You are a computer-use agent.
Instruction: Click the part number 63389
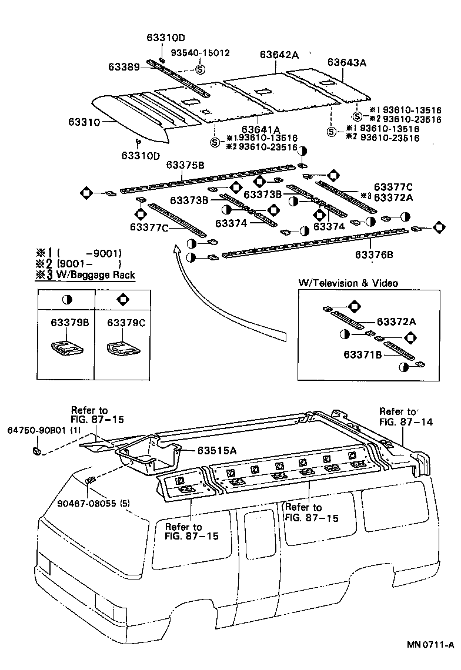pyautogui.click(x=123, y=67)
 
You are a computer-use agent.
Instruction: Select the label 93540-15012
pyautogui.click(x=200, y=53)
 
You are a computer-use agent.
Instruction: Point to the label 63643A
pyautogui.click(x=347, y=62)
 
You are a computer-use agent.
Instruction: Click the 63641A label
pyautogui.click(x=260, y=129)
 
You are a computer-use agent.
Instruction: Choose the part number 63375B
pyautogui.click(x=185, y=165)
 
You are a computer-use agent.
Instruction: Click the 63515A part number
pyautogui.click(x=216, y=451)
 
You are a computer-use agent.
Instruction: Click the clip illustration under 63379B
pyautogui.click(x=65, y=348)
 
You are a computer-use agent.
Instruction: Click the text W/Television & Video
pyautogui.click(x=348, y=283)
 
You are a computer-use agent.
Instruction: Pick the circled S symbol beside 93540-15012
pyautogui.click(x=199, y=69)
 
